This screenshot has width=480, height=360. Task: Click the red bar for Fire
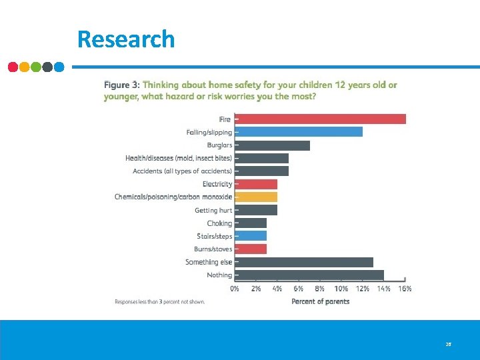pos(321,119)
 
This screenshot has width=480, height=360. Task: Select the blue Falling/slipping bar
pos(299,132)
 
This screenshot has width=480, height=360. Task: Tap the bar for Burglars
pos(273,145)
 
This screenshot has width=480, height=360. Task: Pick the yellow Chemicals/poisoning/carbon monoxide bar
pos(257,197)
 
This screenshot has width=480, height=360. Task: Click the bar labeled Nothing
pos(310,275)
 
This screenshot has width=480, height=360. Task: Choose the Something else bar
pos(305,262)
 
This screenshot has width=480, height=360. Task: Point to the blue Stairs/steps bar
pos(251,236)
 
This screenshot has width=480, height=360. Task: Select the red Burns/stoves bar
pos(251,249)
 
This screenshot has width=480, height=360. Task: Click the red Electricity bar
pos(257,184)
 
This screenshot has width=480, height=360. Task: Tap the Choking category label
pos(219,223)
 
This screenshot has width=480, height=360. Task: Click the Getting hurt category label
pos(213,210)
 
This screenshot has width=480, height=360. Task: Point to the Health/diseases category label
pos(179,158)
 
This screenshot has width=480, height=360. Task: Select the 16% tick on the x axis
pos(405,289)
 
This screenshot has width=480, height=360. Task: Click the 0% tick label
pos(235,289)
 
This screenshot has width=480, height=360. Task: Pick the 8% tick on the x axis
pos(320,289)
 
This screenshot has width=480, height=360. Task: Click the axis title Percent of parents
pos(320,301)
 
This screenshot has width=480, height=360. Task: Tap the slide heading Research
pos(125,39)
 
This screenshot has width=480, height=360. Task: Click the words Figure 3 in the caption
pos(121,85)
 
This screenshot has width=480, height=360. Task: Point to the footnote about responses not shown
pos(159,302)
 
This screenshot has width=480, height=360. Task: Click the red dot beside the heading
pos(13,67)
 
